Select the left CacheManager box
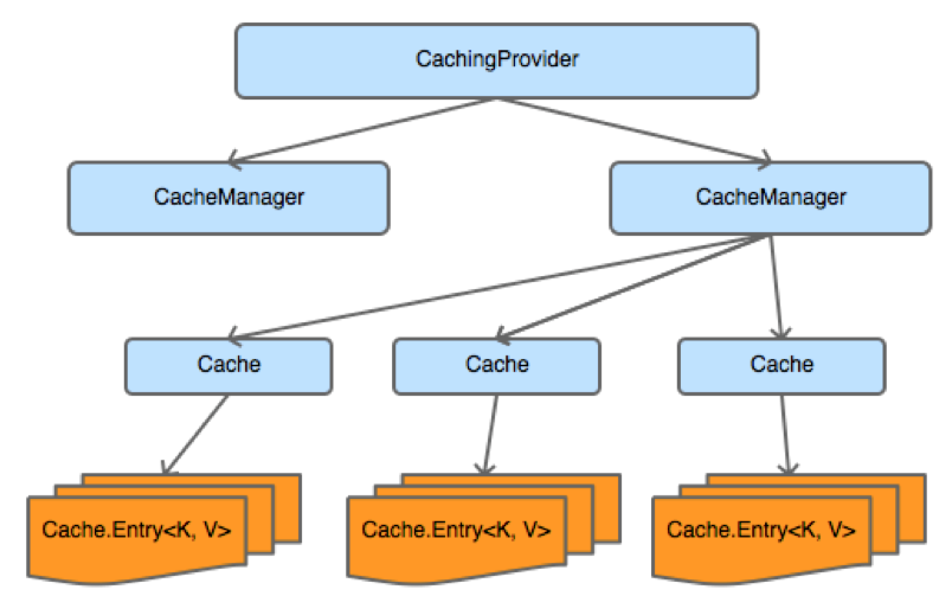(x=229, y=198)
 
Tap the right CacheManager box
(x=770, y=198)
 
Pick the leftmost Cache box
(x=229, y=366)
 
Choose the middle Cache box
(x=497, y=366)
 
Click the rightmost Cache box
(x=781, y=366)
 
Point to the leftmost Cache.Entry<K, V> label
(x=137, y=530)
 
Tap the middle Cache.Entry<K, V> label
(x=456, y=530)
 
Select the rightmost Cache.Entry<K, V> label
(x=761, y=530)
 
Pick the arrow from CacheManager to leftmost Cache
(x=497, y=287)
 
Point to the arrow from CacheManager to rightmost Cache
(x=776, y=287)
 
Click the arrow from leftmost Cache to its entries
(x=195, y=434)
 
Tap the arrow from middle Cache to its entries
(x=491, y=434)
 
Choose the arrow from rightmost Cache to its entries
(x=785, y=434)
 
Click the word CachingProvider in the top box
(x=497, y=59)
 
